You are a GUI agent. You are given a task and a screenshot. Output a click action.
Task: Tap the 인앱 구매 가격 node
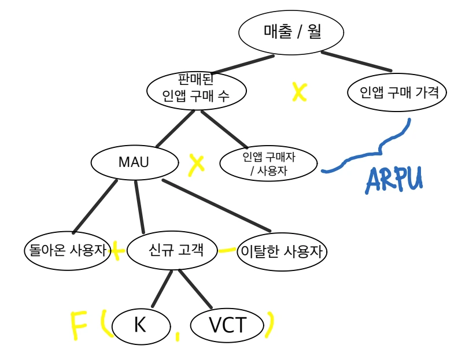397,92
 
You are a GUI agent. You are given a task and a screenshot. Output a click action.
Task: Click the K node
139,325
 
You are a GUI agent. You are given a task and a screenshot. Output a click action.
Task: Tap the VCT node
227,326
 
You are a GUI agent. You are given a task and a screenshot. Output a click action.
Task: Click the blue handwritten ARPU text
394,180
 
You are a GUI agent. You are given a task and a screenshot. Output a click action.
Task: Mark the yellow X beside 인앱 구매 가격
298,91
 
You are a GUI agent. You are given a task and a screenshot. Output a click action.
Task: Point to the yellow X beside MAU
197,164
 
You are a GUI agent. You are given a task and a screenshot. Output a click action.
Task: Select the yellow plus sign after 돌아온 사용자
118,251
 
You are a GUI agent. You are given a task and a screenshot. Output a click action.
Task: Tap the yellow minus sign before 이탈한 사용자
227,250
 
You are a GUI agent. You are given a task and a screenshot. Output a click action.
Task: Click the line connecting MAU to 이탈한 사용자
215,205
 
